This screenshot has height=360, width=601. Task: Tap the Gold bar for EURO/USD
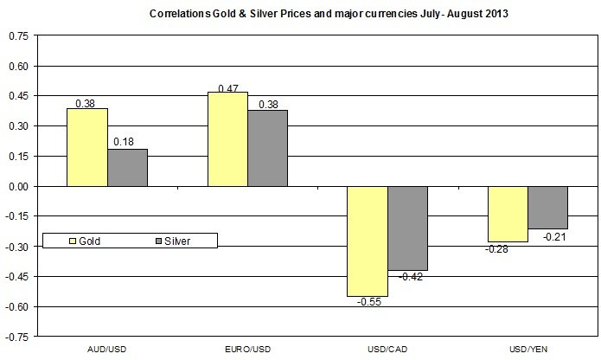(227, 138)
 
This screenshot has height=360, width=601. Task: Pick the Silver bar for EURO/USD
(267, 148)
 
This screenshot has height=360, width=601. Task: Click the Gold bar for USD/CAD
(368, 241)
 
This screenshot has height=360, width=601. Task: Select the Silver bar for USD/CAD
(407, 228)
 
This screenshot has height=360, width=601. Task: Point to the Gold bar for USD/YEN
(508, 214)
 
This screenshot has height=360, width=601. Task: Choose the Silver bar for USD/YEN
(547, 207)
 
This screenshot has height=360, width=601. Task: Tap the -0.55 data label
(367, 303)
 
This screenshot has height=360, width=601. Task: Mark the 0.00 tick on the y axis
(17, 186)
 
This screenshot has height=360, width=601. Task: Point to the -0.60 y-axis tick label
(16, 306)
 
